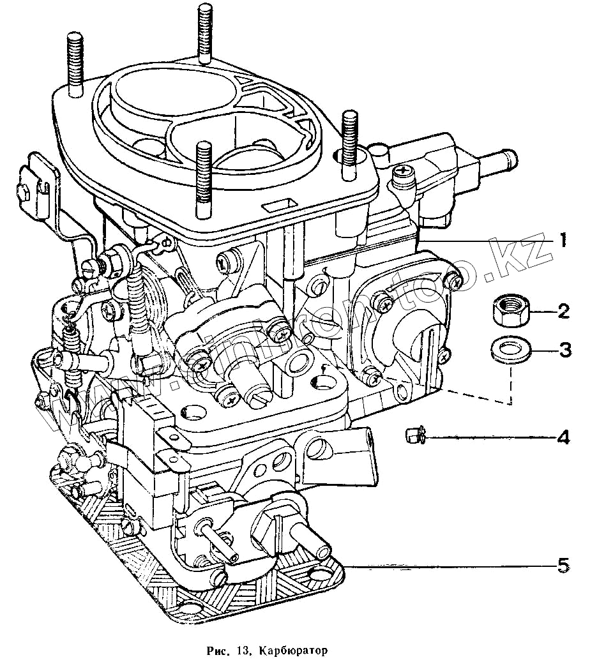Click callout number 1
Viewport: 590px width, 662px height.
(x=563, y=241)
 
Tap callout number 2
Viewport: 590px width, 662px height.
(x=563, y=312)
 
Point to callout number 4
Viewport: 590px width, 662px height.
(x=563, y=438)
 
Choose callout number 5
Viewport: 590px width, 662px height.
(x=563, y=566)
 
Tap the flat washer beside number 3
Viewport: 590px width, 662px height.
(x=509, y=350)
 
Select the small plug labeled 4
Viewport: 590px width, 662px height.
(x=412, y=437)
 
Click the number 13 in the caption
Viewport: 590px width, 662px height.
(x=243, y=651)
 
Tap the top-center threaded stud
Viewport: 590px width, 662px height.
(x=205, y=32)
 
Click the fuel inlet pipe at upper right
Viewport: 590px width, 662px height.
(x=502, y=156)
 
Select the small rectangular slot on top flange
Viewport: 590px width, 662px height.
(x=279, y=205)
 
